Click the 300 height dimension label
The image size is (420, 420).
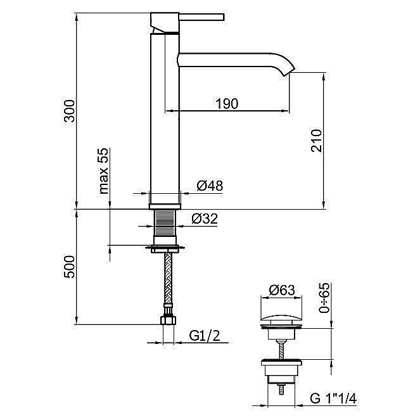click(x=70, y=111)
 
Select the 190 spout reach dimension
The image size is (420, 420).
click(x=227, y=104)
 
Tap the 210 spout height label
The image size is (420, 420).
click(x=316, y=141)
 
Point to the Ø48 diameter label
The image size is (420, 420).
click(x=210, y=186)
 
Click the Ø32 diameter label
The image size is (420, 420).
click(x=205, y=219)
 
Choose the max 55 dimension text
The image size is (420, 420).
click(x=103, y=171)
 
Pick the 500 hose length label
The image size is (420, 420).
click(x=70, y=267)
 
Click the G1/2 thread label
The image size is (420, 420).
click(x=205, y=335)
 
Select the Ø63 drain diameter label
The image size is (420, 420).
click(x=282, y=290)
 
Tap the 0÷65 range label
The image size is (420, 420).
click(x=324, y=298)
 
